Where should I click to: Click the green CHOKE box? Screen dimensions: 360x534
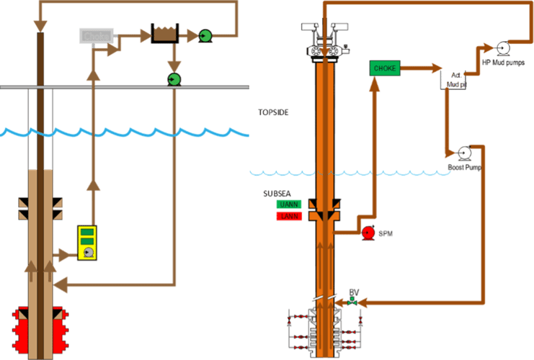pyautogui.click(x=385, y=68)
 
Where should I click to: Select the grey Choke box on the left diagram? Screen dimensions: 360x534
pyautogui.click(x=96, y=35)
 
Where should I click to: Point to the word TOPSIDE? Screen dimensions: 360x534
pyautogui.click(x=273, y=113)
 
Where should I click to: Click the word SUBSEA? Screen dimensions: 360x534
pyautogui.click(x=276, y=194)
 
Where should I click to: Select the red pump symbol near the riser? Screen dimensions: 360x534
pyautogui.click(x=368, y=232)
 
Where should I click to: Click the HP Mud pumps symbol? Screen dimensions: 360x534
pyautogui.click(x=502, y=48)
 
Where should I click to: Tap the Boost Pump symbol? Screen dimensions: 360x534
pyautogui.click(x=464, y=153)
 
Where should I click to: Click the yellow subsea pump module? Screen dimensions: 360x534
pyautogui.click(x=88, y=243)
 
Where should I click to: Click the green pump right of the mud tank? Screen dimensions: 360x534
pyautogui.click(x=205, y=35)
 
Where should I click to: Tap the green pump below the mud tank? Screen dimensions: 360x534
pyautogui.click(x=174, y=78)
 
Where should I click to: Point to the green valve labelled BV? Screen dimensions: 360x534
pyautogui.click(x=352, y=302)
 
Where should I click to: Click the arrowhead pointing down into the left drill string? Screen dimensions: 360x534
pyautogui.click(x=40, y=25)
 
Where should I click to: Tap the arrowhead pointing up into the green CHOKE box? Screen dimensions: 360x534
pyautogui.click(x=375, y=83)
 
